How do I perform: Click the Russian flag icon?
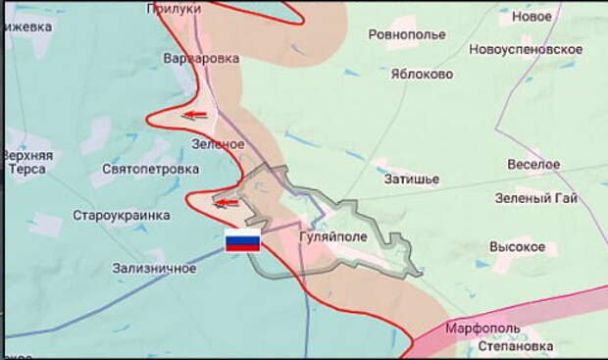click(242, 241)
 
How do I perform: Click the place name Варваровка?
click(201, 59)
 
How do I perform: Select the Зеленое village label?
click(218, 144)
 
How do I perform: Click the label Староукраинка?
click(121, 215)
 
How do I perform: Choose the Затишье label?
click(412, 180)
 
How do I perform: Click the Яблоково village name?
click(422, 74)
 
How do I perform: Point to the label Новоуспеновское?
click(525, 50)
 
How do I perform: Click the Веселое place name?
click(533, 164)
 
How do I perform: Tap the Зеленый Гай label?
click(536, 198)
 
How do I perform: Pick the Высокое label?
click(517, 246)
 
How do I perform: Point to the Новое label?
click(532, 17)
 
